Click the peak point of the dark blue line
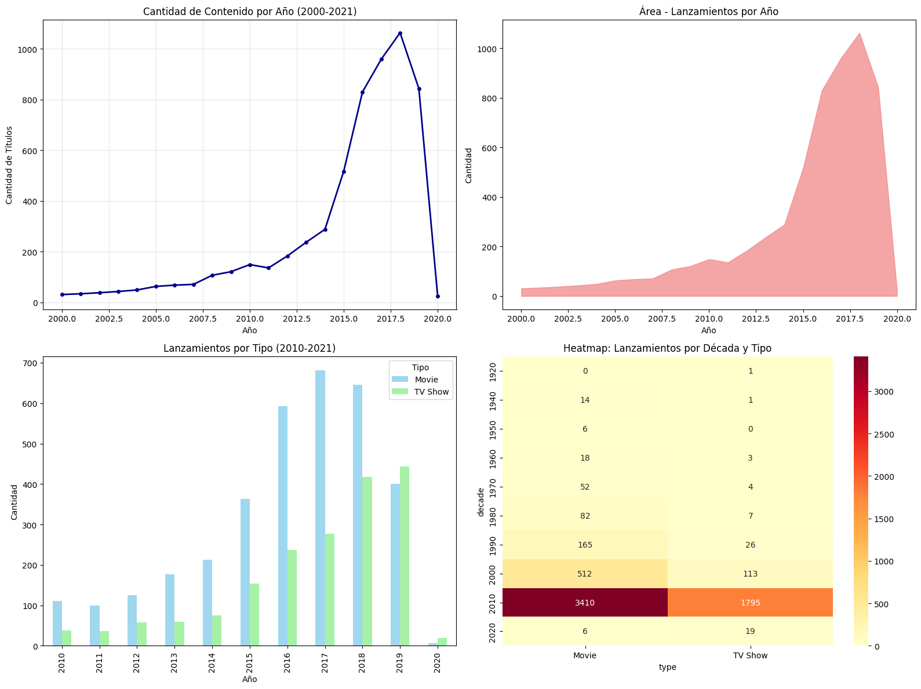(x=400, y=33)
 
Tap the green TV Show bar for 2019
(x=405, y=556)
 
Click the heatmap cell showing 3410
(x=585, y=603)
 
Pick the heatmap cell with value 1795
(x=750, y=603)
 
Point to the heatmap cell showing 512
(x=585, y=574)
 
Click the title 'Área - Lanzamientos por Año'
(x=708, y=12)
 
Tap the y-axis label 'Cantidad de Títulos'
(x=9, y=165)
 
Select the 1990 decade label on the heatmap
(x=492, y=545)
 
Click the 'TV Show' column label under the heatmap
(x=750, y=655)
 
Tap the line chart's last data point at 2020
(x=438, y=296)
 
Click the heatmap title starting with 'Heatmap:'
(x=667, y=348)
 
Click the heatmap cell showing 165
(x=585, y=545)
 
